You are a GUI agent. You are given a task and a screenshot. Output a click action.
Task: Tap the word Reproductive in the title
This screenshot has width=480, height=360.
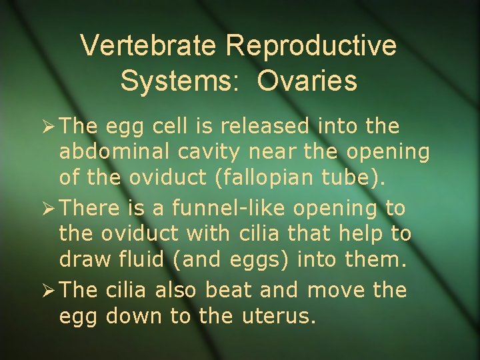311,46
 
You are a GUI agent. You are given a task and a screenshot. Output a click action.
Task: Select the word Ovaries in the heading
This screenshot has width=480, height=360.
307,81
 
